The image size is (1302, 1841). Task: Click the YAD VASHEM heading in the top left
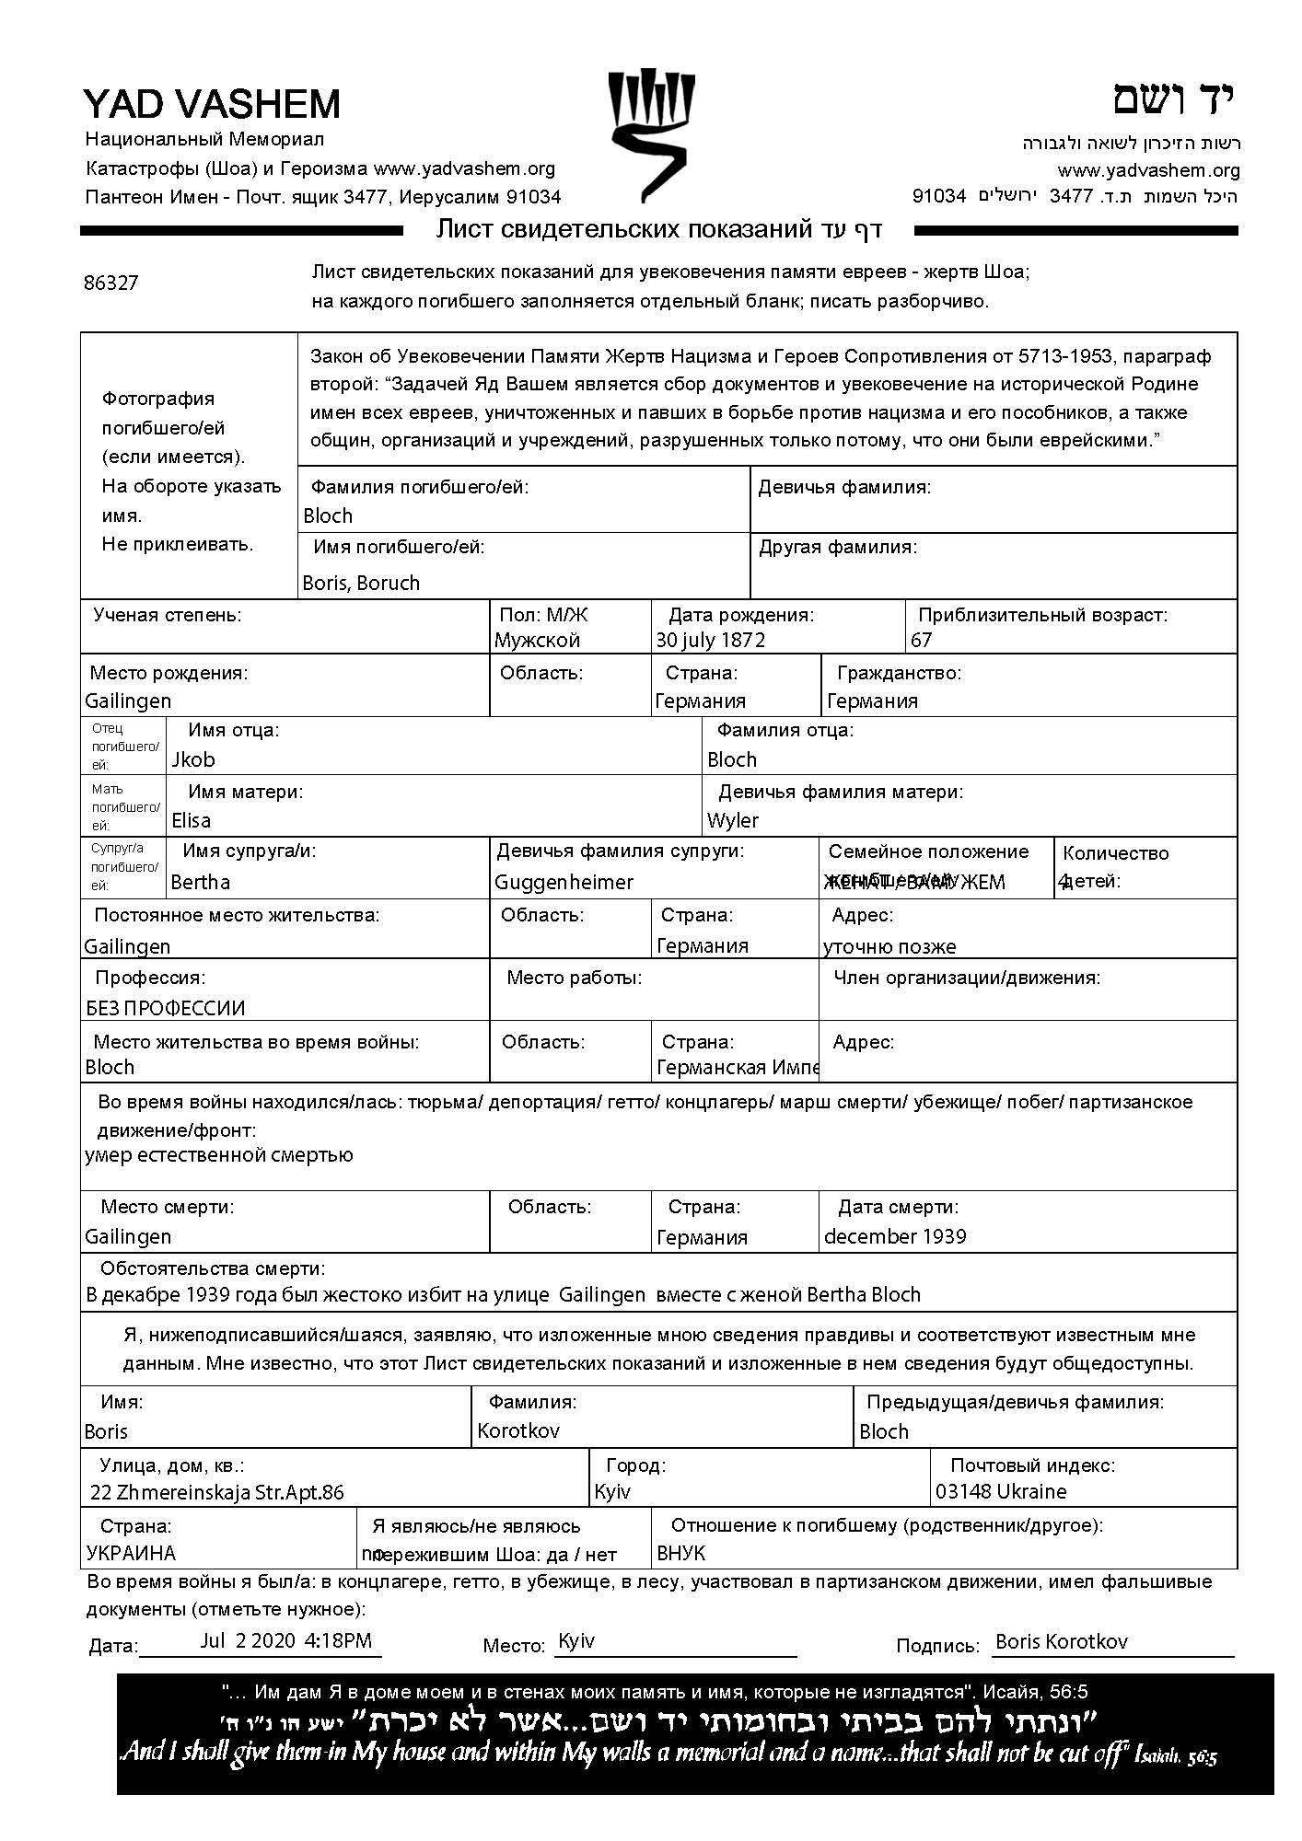coord(212,104)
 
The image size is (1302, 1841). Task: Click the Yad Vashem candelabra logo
coord(651,134)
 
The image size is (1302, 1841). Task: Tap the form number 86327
coord(110,284)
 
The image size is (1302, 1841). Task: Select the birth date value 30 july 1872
coord(710,640)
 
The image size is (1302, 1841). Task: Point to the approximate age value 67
coord(921,640)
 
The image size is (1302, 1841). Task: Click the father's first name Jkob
coord(193,759)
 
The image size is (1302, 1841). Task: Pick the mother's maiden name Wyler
coord(733,820)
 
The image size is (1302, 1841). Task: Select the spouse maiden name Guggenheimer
coord(564,882)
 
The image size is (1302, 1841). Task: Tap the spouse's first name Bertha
coord(201,882)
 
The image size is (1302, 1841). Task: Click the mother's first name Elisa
coord(192,820)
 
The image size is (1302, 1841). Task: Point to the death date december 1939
coord(895,1236)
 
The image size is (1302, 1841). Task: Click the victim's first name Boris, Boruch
coord(361,583)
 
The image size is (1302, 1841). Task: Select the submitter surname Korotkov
coord(518,1430)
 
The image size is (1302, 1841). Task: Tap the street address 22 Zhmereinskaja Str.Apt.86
coord(217,1492)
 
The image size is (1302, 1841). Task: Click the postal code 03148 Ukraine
coord(1001,1491)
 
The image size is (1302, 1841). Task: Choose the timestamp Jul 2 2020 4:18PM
coord(285,1640)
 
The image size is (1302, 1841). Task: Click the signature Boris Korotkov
coord(1061,1641)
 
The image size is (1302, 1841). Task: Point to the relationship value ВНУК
coord(680,1553)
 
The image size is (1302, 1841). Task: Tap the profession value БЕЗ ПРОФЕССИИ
coord(166,1008)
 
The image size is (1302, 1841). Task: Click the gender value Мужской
coord(538,640)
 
